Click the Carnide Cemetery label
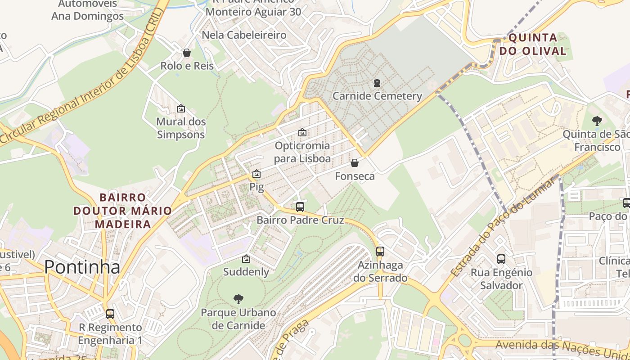[377, 96]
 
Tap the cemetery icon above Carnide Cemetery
[377, 83]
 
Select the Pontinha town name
[82, 267]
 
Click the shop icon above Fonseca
[355, 163]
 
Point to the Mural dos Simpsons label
[181, 128]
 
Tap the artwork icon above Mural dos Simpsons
[181, 108]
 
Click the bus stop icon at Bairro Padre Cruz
[300, 207]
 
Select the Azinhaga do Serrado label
[380, 272]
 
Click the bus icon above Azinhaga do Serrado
[380, 252]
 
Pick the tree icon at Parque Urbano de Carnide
[238, 299]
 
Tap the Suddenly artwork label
[246, 272]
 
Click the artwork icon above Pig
[256, 174]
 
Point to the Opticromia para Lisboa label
[302, 152]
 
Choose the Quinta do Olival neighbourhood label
[533, 44]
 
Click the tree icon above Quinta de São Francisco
[597, 121]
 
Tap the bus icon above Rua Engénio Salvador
[501, 259]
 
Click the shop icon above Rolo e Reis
[187, 53]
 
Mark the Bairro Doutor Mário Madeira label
[122, 211]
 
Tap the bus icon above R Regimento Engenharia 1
[110, 314]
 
